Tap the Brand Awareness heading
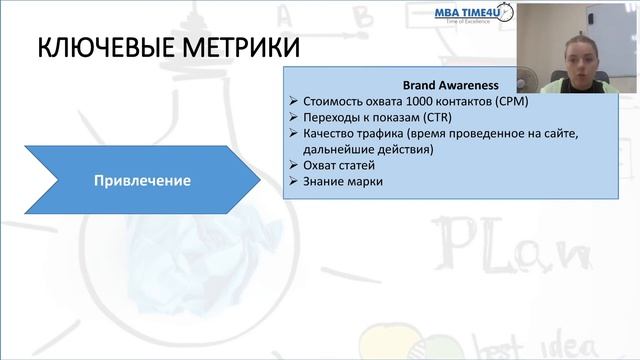450,85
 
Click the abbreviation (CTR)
431,117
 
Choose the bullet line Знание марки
341,181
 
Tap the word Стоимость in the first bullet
331,101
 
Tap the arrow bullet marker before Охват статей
292,165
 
